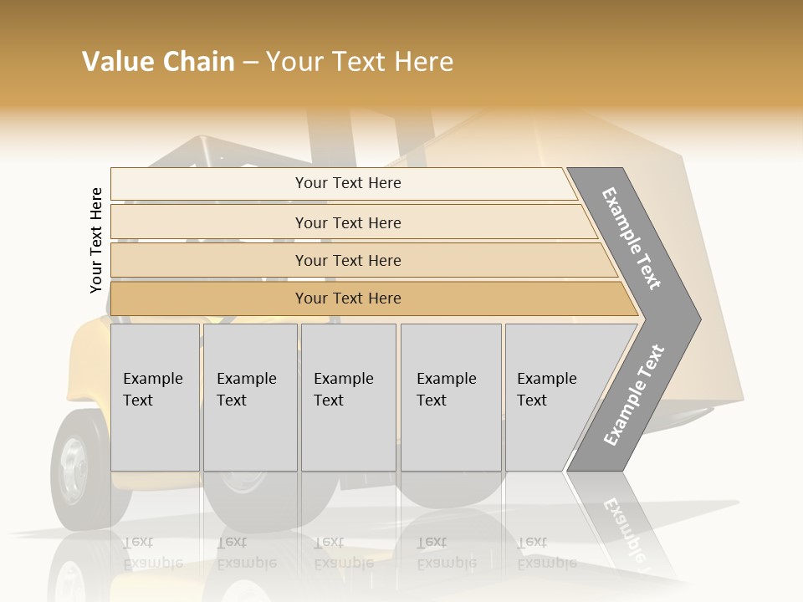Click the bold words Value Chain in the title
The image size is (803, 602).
pos(158,62)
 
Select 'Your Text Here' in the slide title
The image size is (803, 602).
pos(360,62)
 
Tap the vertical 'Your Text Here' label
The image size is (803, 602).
pos(96,240)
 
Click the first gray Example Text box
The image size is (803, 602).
pos(155,397)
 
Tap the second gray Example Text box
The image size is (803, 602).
pos(250,397)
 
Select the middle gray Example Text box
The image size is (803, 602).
pos(348,397)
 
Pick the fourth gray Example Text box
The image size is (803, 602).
pos(451,397)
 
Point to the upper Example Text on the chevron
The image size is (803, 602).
pos(632,238)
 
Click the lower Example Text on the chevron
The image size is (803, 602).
pos(633,395)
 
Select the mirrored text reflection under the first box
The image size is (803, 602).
pos(153,553)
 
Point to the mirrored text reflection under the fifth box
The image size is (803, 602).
pos(546,553)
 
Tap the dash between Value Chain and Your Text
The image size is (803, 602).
pos(250,63)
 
